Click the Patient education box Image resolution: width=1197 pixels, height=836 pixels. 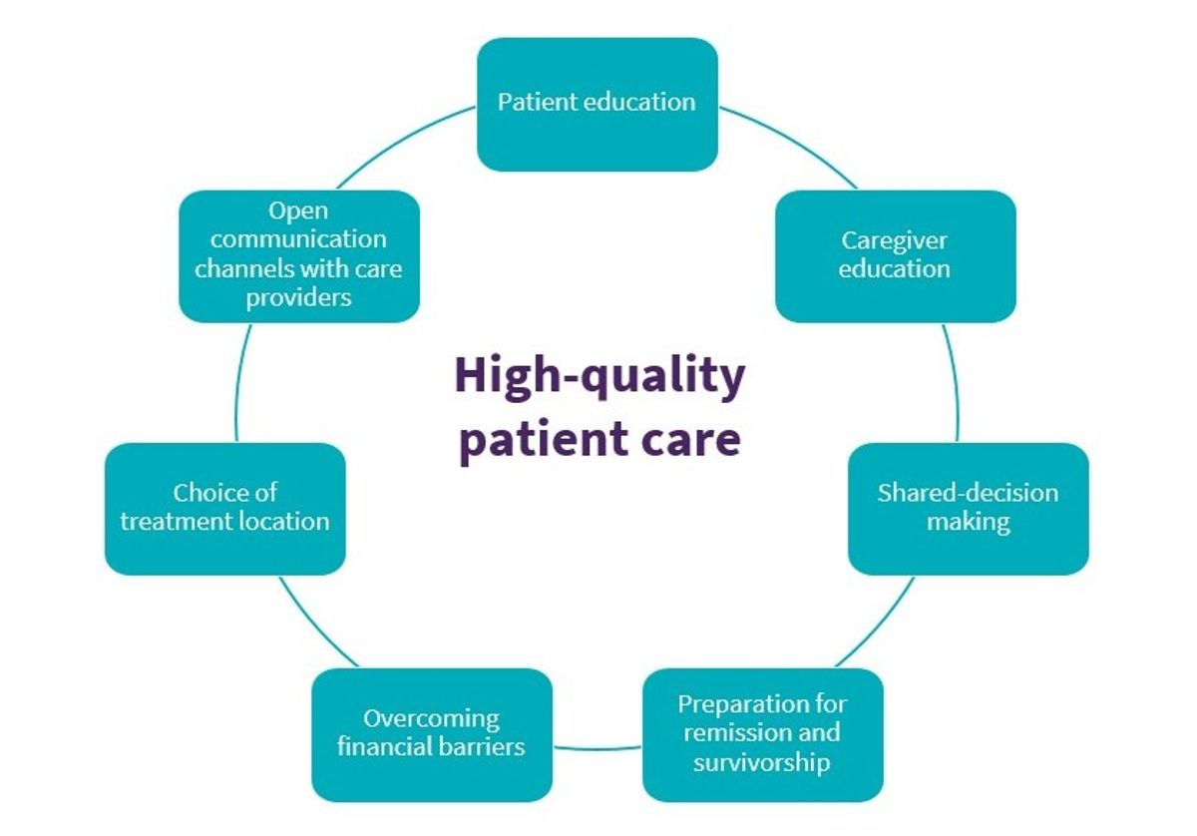coord(597,104)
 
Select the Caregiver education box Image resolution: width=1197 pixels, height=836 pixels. coord(895,255)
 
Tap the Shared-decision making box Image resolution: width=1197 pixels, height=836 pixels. coord(968,508)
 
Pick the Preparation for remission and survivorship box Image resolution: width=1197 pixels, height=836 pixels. coord(762,734)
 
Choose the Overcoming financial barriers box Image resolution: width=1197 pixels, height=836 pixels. coord(431,734)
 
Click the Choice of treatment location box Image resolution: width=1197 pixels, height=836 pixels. coord(224,508)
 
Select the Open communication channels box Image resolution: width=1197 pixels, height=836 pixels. coord(299,255)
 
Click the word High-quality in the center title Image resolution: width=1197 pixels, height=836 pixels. coord(599,377)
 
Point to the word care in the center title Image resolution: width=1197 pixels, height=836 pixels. coord(687,440)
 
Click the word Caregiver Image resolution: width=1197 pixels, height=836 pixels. coord(894,240)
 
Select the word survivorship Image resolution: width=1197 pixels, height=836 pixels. coord(763,763)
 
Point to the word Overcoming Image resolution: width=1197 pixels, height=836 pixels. coord(431,718)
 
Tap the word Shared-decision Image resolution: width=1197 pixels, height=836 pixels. coord(968,493)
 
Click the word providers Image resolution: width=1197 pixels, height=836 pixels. coord(299,298)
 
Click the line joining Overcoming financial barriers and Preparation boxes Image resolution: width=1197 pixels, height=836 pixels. coord(598,748)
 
